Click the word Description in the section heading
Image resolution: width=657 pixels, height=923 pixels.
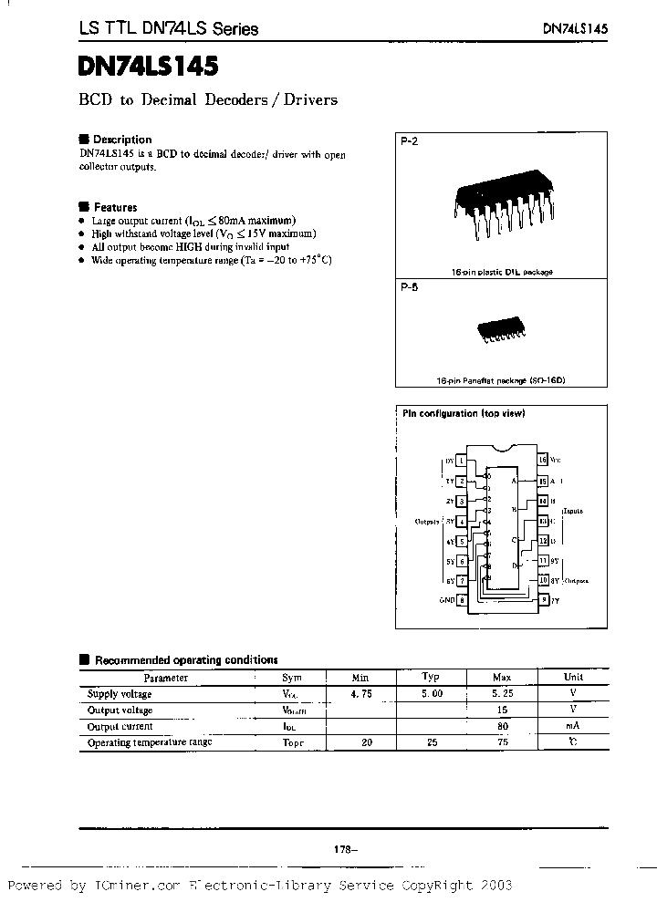pos(122,140)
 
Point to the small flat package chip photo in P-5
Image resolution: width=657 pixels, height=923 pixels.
pos(498,330)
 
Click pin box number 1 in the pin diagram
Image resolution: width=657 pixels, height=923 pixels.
pos(461,461)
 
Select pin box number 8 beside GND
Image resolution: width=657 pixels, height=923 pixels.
pos(461,599)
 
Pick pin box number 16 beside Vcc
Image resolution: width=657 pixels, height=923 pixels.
pos(542,461)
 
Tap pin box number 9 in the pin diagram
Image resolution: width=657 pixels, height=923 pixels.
pos(542,599)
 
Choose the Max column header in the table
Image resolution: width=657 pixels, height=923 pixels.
pos(502,678)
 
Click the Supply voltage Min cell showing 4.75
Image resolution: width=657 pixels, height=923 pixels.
pos(360,694)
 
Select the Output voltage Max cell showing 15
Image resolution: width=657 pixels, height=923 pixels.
pos(502,710)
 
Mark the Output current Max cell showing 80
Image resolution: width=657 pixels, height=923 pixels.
pos(502,727)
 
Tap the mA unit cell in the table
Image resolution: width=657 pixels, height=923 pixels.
pos(573,727)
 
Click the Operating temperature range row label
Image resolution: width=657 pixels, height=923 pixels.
pos(150,742)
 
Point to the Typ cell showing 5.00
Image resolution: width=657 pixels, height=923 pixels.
pos(432,694)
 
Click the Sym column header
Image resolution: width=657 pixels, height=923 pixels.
pos(291,678)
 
